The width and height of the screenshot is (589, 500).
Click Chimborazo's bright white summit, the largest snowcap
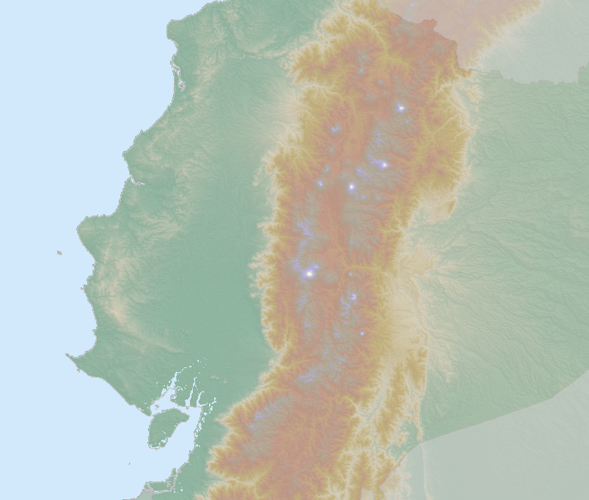pos(310,273)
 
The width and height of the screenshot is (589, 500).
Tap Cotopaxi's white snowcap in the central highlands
pos(351,186)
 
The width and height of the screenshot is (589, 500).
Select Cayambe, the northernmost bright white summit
pos(401,108)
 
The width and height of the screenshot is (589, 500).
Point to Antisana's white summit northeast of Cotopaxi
pos(384,165)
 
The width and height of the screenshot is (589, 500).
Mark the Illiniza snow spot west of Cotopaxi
pos(320,183)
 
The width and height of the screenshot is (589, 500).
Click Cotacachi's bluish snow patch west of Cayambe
pos(335,129)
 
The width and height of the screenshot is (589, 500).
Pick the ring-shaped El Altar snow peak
pos(354,298)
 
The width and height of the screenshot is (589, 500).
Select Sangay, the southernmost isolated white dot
pos(362,334)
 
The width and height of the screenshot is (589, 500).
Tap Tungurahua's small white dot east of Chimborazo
pos(350,275)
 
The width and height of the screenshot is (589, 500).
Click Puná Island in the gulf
pos(167,427)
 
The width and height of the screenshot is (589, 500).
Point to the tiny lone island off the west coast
pos(59,253)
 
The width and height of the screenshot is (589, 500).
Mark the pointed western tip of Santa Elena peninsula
pos(68,356)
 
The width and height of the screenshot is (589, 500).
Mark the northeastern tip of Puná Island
pos(186,413)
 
